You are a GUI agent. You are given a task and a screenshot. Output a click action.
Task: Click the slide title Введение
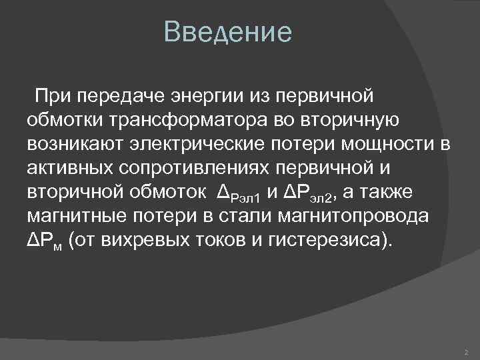tap(228, 33)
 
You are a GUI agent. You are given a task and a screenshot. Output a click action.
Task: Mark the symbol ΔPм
tap(44, 241)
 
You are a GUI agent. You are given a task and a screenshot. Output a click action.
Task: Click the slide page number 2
tap(465, 350)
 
